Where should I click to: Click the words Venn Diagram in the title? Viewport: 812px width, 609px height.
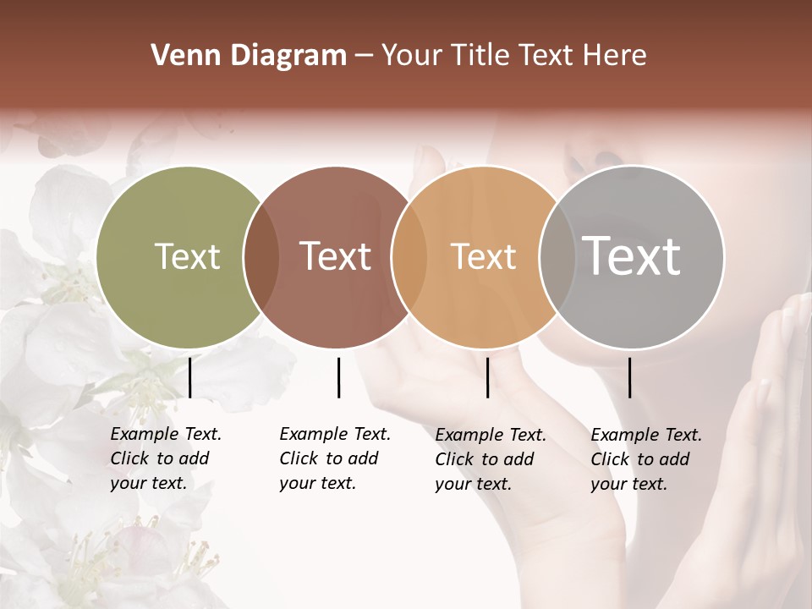click(x=249, y=56)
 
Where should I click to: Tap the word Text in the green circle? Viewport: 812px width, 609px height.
click(x=187, y=256)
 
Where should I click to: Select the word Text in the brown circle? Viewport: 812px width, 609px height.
click(x=335, y=256)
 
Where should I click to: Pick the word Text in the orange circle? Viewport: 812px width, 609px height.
click(x=483, y=256)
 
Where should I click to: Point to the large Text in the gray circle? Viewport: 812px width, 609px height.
click(x=631, y=256)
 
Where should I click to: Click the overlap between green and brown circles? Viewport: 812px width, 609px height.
click(x=261, y=257)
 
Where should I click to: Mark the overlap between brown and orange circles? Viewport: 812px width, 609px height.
click(x=409, y=257)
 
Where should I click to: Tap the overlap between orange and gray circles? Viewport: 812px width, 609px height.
click(x=555, y=257)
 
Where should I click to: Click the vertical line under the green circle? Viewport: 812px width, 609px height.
click(x=190, y=377)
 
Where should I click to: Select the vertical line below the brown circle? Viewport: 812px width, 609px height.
click(x=338, y=377)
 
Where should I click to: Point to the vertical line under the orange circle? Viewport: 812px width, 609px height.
click(x=487, y=377)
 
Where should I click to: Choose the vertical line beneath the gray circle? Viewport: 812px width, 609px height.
click(x=630, y=377)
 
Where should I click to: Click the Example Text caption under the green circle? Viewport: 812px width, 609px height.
click(x=165, y=458)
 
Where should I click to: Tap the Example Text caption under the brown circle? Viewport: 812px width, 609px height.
click(x=334, y=458)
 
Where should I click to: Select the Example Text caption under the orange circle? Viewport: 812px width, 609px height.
click(x=490, y=459)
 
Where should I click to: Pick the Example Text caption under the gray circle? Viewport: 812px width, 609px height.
click(x=645, y=459)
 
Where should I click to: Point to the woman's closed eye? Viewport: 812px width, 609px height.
click(x=606, y=157)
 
